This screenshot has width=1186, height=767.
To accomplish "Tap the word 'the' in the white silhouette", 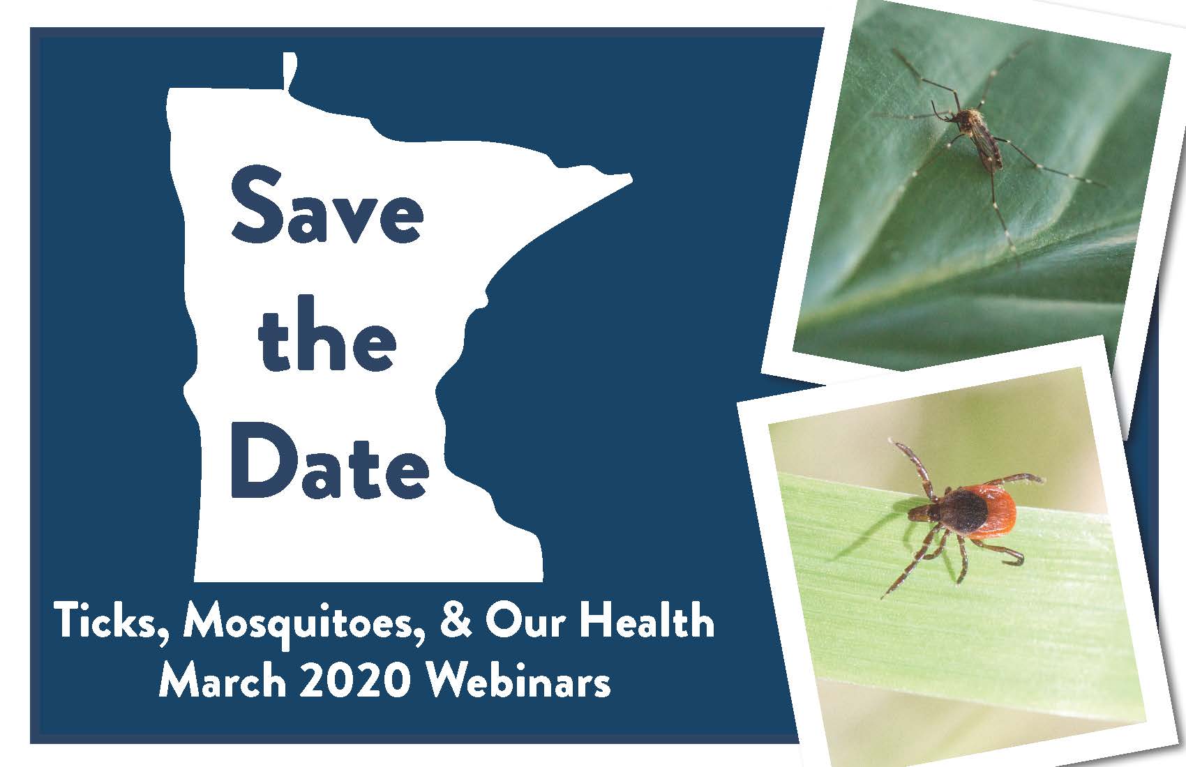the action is coord(327,335).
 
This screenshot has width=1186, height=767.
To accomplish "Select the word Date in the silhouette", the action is coord(329,460).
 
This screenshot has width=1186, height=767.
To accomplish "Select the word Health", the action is coord(647,620).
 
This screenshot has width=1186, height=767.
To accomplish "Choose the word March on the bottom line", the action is coord(223,681).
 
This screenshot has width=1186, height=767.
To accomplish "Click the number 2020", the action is coord(355,681).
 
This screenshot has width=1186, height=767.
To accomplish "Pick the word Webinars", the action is coord(518,681).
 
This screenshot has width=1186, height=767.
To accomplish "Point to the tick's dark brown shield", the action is coord(963,511).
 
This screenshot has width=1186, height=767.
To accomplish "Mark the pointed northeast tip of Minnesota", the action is coord(631,179).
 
